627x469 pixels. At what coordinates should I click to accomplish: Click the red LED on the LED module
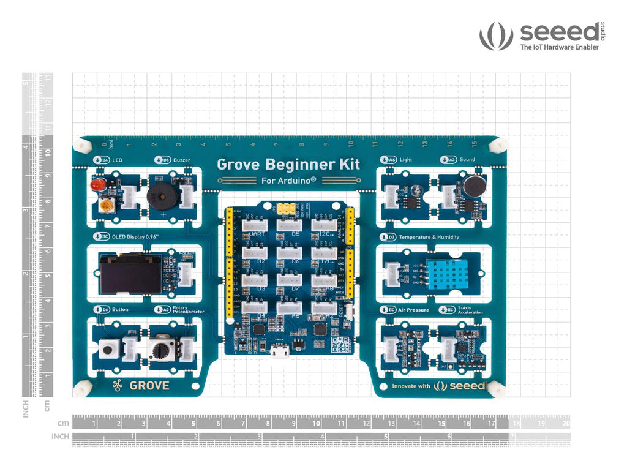click(97, 184)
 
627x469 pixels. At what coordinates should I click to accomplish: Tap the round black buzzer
click(160, 197)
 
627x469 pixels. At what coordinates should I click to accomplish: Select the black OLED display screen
click(130, 274)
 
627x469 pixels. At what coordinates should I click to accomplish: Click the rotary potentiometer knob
click(160, 350)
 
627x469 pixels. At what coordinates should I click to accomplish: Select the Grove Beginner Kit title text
click(288, 164)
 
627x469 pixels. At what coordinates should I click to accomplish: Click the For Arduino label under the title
click(288, 181)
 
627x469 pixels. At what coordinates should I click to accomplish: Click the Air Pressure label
click(413, 310)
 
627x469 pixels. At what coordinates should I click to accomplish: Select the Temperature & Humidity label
click(428, 237)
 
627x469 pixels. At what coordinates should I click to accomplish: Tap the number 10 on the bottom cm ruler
click(316, 423)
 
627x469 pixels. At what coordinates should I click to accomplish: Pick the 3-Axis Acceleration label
click(470, 310)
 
